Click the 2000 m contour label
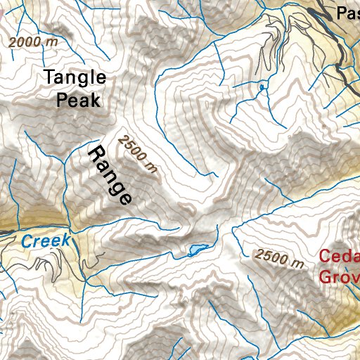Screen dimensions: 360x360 tap(33, 42)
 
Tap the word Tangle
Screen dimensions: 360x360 tap(75, 78)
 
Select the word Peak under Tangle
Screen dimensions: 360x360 tap(78, 100)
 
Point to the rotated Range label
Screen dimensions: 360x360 tap(110, 175)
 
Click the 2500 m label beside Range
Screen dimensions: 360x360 tap(138, 153)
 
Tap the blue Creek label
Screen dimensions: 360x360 tap(46, 241)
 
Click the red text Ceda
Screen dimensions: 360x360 tap(339, 257)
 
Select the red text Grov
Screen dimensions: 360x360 tap(339, 276)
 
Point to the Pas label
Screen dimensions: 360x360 tap(347, 13)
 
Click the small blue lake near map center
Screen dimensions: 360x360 tap(196, 249)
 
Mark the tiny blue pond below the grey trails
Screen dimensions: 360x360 tap(262, 86)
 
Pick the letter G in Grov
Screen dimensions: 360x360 tap(326, 276)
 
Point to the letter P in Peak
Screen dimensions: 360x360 tap(62, 100)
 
